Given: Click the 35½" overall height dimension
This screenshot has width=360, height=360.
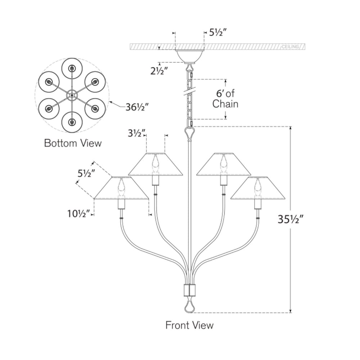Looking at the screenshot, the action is pyautogui.click(x=291, y=219).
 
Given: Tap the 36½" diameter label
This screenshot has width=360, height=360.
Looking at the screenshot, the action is pyautogui.click(x=137, y=107).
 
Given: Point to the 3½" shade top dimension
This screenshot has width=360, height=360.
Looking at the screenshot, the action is pyautogui.click(x=136, y=133).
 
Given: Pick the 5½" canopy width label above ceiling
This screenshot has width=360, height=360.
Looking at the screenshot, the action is pyautogui.click(x=218, y=33).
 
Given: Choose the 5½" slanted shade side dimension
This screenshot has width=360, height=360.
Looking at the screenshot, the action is pyautogui.click(x=86, y=174).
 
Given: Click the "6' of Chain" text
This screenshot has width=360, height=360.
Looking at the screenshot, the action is pyautogui.click(x=225, y=99).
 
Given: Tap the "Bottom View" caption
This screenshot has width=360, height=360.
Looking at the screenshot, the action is pyautogui.click(x=73, y=143).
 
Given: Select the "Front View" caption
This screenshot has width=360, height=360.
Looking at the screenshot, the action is pyautogui.click(x=189, y=325).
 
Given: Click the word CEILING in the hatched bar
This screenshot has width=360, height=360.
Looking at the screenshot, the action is pyautogui.click(x=291, y=47).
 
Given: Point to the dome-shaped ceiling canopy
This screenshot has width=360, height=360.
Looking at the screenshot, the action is pyautogui.click(x=189, y=57).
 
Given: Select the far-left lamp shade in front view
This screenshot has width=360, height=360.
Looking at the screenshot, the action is pyautogui.click(x=121, y=188).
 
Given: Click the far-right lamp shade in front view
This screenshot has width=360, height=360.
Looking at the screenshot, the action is pyautogui.click(x=258, y=188).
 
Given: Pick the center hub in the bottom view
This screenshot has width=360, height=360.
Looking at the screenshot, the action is pyautogui.click(x=72, y=95).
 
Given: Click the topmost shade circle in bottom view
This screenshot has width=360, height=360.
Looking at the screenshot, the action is pyautogui.click(x=72, y=68).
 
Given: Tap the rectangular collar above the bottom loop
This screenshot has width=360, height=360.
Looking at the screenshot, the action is pyautogui.click(x=189, y=290).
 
